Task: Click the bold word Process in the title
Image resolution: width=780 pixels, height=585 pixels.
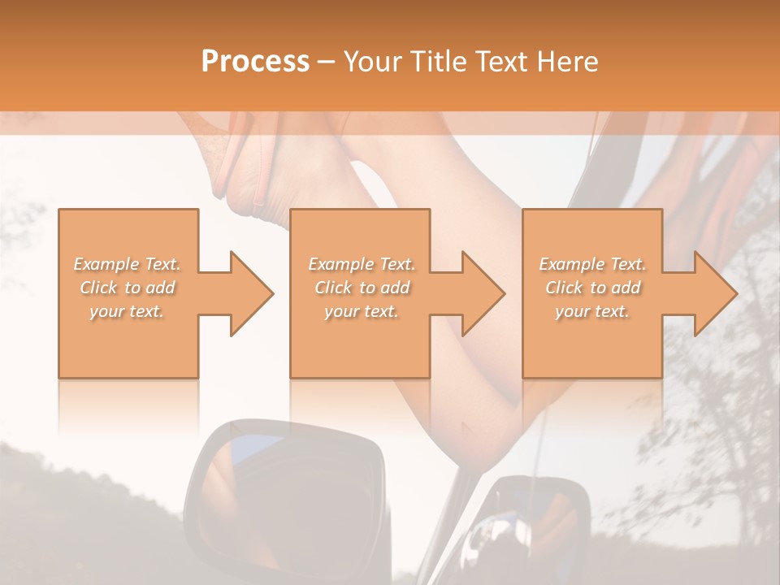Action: coord(255,62)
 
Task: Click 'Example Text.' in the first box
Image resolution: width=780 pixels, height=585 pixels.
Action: coord(128,264)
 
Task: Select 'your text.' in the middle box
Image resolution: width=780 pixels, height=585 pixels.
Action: coord(361,311)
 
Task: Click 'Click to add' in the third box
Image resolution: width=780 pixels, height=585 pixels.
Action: coord(592,288)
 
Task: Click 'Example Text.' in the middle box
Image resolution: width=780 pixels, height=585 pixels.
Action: coord(361,264)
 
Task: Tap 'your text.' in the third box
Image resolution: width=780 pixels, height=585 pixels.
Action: coord(592,311)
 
